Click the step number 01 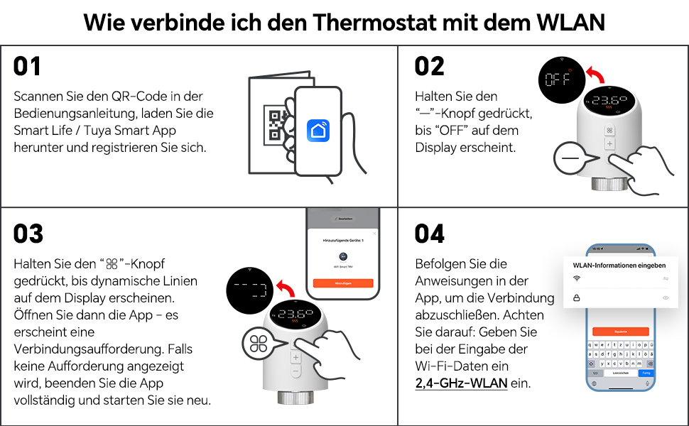point(28,66)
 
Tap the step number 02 point(430,66)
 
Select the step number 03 point(28,234)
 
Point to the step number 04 point(430,234)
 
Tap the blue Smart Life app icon point(318,130)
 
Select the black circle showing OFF point(559,80)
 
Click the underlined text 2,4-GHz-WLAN point(462,383)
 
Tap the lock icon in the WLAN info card point(577,298)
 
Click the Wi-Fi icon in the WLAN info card point(577,278)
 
